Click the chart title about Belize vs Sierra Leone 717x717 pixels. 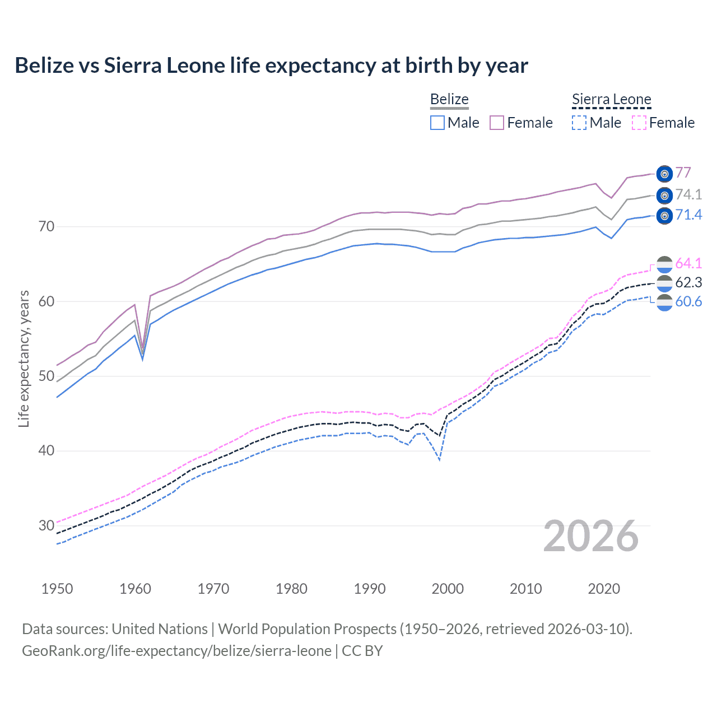(x=271, y=66)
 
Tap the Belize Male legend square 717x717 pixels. (x=437, y=123)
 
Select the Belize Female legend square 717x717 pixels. (x=497, y=123)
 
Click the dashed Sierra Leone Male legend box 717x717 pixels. (x=579, y=123)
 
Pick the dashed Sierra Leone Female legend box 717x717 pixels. (x=639, y=123)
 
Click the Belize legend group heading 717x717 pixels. (x=449, y=100)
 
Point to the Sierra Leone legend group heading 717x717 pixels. (x=611, y=100)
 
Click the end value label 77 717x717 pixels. (x=683, y=173)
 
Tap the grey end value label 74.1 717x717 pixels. (x=688, y=194)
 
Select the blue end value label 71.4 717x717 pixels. (x=688, y=215)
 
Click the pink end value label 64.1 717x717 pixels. (x=688, y=263)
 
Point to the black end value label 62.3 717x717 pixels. (x=688, y=282)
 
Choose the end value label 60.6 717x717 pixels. (x=688, y=302)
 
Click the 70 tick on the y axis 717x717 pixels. (x=46, y=227)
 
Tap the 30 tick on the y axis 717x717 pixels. (x=46, y=525)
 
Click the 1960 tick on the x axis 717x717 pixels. (x=135, y=589)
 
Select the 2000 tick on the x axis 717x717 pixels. (x=448, y=589)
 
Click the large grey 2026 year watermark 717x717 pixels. (x=591, y=536)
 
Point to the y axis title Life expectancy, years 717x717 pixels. (x=24, y=358)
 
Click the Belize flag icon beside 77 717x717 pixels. (x=664, y=174)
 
